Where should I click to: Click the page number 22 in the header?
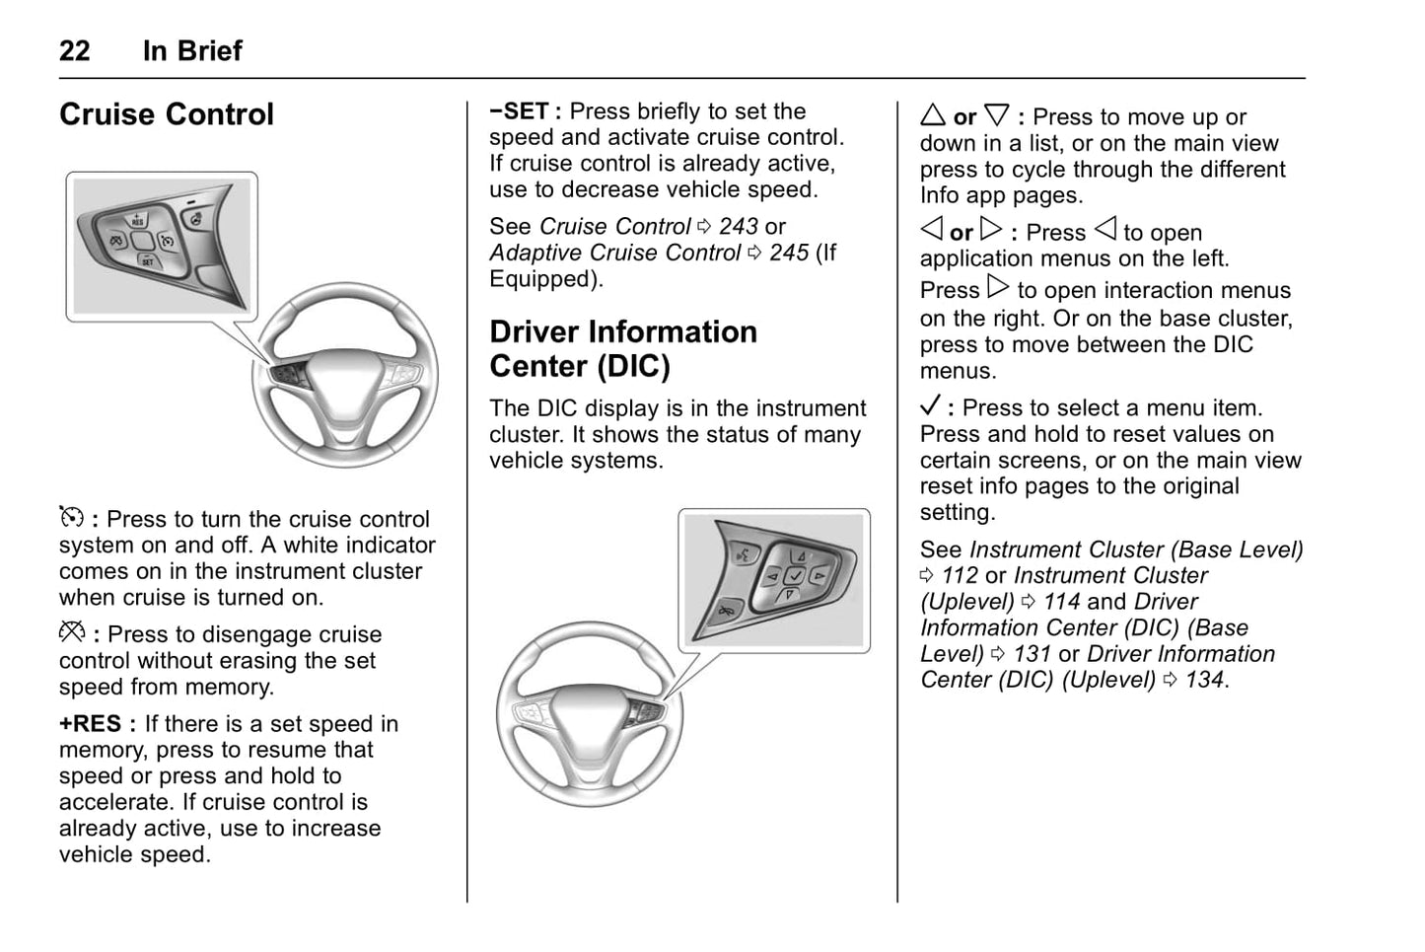[x=75, y=50]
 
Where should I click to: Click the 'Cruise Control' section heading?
[x=167, y=114]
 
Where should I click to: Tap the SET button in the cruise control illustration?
[x=147, y=260]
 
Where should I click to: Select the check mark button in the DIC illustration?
[x=795, y=575]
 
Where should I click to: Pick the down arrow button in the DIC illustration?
[x=788, y=594]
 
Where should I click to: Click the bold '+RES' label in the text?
[x=91, y=724]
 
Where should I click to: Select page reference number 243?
[x=739, y=227]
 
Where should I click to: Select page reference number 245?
[x=789, y=254]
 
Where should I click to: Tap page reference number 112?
[x=960, y=576]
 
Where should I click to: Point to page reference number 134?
[x=1204, y=681]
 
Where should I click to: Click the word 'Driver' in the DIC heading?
[x=548, y=332]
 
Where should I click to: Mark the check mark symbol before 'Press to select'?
[x=930, y=406]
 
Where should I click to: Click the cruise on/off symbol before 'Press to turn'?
[x=71, y=517]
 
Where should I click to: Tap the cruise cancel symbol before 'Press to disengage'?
[x=72, y=632]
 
